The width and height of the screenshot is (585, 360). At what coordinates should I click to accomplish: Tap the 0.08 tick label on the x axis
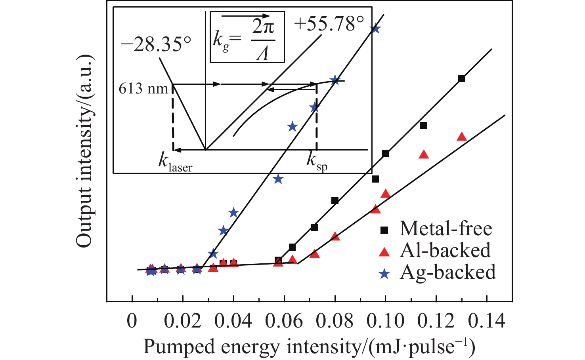pos(335,321)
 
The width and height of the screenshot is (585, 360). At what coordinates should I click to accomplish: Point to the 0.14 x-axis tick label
pos(487,321)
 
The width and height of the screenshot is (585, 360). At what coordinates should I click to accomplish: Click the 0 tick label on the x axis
pos(132,321)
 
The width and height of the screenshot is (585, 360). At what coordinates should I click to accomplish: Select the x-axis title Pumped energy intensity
pos(309,347)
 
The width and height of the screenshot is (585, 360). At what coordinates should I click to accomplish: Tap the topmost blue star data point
pos(375,29)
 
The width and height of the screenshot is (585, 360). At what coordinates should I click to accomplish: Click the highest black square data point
pos(461,78)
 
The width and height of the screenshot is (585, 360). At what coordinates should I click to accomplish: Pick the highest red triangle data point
pos(461,137)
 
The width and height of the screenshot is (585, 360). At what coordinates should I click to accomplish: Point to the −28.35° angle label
pos(156,45)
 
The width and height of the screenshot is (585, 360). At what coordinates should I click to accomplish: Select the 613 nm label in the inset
pos(143,88)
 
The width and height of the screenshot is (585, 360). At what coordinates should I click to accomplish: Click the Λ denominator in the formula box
pos(262,53)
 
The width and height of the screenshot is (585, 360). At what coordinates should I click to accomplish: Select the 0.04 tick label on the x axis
pos(233,321)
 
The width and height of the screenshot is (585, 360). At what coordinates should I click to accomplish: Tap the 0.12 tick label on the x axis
pos(436,321)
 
